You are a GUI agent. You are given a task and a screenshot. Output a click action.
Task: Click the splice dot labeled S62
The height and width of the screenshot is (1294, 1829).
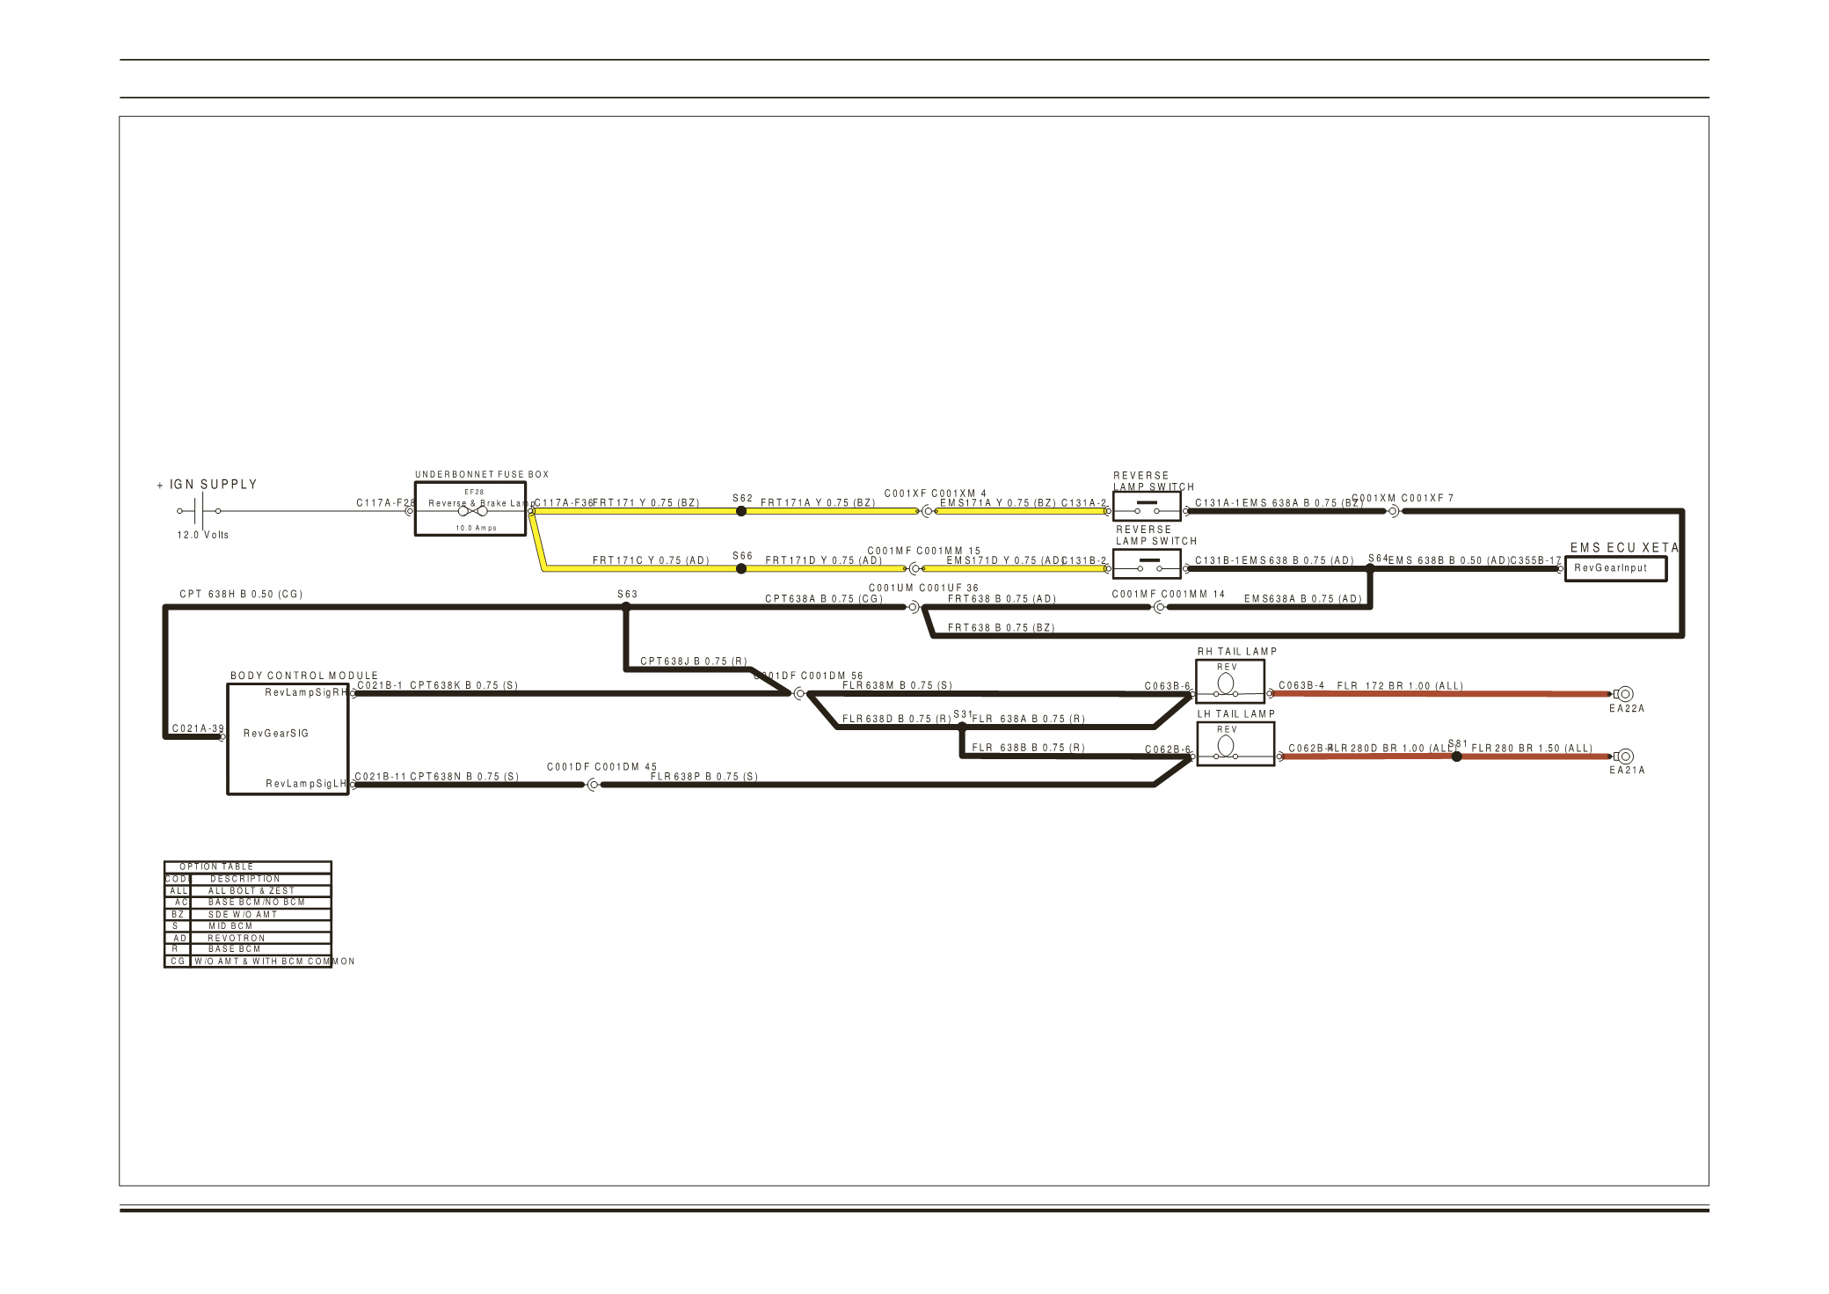[741, 511]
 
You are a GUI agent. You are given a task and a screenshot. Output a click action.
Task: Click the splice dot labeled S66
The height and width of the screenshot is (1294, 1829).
[741, 569]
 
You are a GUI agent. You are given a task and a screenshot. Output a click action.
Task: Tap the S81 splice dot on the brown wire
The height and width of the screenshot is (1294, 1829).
[1457, 757]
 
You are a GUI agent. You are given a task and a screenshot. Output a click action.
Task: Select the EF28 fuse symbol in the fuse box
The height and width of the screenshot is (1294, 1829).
[472, 511]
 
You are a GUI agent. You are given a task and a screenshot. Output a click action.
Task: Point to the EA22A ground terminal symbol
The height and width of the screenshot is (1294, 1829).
[1624, 694]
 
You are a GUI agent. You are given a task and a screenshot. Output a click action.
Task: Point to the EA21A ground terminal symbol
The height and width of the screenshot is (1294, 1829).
[1624, 757]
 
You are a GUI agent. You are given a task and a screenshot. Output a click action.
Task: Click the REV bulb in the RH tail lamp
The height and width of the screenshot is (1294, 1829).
[1226, 684]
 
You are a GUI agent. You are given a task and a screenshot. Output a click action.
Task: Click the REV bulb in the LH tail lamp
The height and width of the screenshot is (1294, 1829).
[1226, 746]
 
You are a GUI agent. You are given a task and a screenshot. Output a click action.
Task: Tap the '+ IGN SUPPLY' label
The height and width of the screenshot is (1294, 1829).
[208, 485]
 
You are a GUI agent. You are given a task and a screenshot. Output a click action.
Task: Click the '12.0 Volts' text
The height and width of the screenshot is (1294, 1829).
[203, 535]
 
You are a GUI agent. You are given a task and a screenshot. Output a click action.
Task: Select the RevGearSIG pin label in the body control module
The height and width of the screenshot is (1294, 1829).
[276, 734]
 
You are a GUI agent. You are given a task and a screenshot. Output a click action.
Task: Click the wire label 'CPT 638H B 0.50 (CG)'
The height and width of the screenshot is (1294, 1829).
[241, 595]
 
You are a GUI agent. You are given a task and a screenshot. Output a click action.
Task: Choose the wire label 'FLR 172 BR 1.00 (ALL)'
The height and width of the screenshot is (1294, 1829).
[1400, 686]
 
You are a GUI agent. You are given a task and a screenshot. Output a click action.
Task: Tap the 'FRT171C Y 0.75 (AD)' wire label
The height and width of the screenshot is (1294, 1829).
[651, 560]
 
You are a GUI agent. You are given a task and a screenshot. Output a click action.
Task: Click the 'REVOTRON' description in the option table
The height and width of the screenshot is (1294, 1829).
[236, 939]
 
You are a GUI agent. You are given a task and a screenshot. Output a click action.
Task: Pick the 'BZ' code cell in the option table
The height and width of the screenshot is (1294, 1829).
[178, 915]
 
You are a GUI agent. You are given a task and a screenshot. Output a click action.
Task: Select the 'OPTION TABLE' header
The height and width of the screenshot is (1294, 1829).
[216, 867]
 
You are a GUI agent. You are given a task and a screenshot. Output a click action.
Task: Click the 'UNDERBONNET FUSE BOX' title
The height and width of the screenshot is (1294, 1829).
[482, 475]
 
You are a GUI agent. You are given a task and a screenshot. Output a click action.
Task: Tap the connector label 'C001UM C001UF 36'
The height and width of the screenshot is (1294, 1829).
[923, 589]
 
